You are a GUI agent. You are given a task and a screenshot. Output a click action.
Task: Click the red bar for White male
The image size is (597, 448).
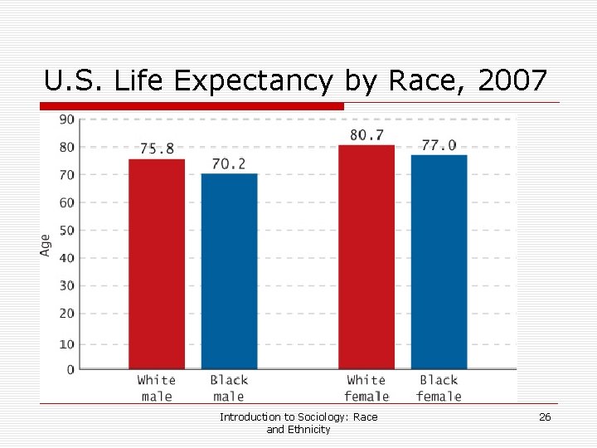pyautogui.click(x=157, y=264)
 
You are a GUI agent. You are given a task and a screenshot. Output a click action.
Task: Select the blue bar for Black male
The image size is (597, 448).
pyautogui.click(x=229, y=271)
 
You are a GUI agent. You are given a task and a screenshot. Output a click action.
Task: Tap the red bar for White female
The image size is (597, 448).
pyautogui.click(x=366, y=257)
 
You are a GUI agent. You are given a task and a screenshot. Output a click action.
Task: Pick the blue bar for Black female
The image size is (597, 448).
pyautogui.click(x=439, y=262)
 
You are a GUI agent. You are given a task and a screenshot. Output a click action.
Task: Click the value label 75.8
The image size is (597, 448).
pyautogui.click(x=157, y=149)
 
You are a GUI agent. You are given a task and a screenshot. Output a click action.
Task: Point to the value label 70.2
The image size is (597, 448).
pyautogui.click(x=229, y=163)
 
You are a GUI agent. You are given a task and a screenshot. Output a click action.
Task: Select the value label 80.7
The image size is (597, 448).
pyautogui.click(x=366, y=134)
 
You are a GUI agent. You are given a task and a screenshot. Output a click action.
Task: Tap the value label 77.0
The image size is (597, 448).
pyautogui.click(x=439, y=144)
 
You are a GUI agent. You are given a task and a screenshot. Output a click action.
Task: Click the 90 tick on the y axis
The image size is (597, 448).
pyautogui.click(x=66, y=119)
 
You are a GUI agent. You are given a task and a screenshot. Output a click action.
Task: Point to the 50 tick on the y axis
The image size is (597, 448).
pyautogui.click(x=66, y=230)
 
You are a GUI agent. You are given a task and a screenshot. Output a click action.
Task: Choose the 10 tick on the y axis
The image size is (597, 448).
pyautogui.click(x=66, y=343)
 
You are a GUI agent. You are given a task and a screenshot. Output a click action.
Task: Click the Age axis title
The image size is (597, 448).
pyautogui.click(x=46, y=244)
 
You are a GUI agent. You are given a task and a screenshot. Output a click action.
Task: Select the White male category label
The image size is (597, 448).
pyautogui.click(x=157, y=388)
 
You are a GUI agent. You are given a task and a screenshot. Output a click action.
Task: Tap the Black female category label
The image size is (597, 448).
pyautogui.click(x=439, y=388)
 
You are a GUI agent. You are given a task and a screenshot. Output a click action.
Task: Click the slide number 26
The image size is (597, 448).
pyautogui.click(x=545, y=417)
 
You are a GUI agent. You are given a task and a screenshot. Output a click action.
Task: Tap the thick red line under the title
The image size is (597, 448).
pyautogui.click(x=192, y=106)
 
